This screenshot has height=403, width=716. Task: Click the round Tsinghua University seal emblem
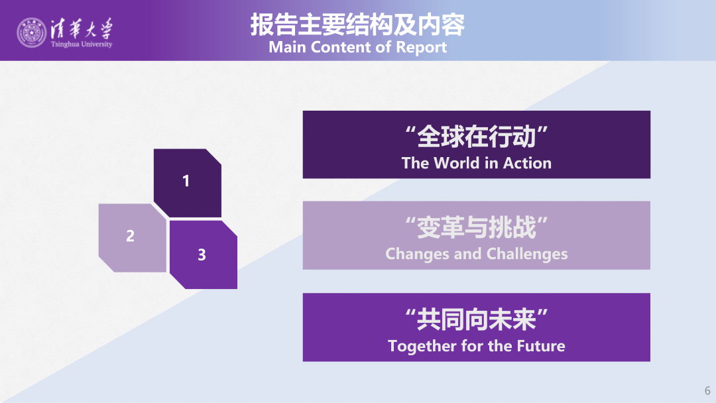pyautogui.click(x=32, y=32)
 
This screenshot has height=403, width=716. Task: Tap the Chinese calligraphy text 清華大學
pyautogui.click(x=82, y=29)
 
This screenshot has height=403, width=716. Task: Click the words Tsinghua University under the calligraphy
pyautogui.click(x=82, y=44)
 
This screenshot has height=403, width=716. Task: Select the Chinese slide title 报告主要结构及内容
pyautogui.click(x=357, y=25)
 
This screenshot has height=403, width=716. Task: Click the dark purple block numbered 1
pyautogui.click(x=188, y=182)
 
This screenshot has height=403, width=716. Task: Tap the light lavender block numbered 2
pyautogui.click(x=133, y=238)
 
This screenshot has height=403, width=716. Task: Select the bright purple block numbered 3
pyautogui.click(x=204, y=255)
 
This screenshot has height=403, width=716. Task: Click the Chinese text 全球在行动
pyautogui.click(x=476, y=137)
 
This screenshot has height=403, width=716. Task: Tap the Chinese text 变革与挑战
pyautogui.click(x=476, y=227)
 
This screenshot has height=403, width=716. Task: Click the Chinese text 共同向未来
pyautogui.click(x=476, y=319)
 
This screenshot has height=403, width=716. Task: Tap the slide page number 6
pyautogui.click(x=707, y=390)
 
